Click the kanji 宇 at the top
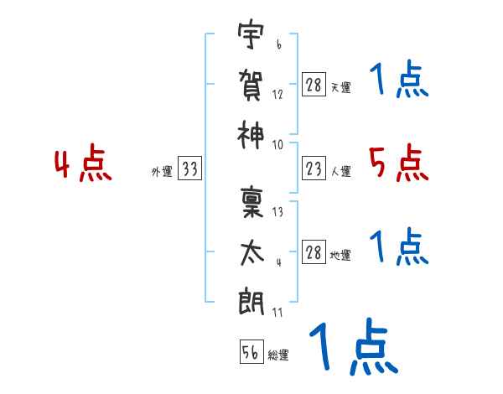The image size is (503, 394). pos(251,34)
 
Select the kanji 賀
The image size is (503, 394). pos(251,85)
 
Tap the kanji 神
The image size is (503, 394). pos(251,135)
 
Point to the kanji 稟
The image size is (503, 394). pos(251,202)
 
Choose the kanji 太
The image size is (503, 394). pos(252,253)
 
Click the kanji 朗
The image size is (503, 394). pos(251,302)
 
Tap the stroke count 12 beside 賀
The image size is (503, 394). pos(277,95)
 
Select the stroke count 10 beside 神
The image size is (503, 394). pos(277,145)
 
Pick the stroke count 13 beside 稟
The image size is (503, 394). pos(277,212)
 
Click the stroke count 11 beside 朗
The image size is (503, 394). pos(277,312)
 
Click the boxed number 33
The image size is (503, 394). pos(189,168)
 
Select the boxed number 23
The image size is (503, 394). pos(314,168)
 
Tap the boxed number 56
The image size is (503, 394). pos(251,351)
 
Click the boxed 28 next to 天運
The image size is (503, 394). pos(314,85)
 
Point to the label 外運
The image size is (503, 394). pos(162,172)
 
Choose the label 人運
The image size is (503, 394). pos(341,172)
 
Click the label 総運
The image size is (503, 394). pos(278,355)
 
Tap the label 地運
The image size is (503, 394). pos(340,256)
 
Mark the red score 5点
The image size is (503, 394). pos(399,163)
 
